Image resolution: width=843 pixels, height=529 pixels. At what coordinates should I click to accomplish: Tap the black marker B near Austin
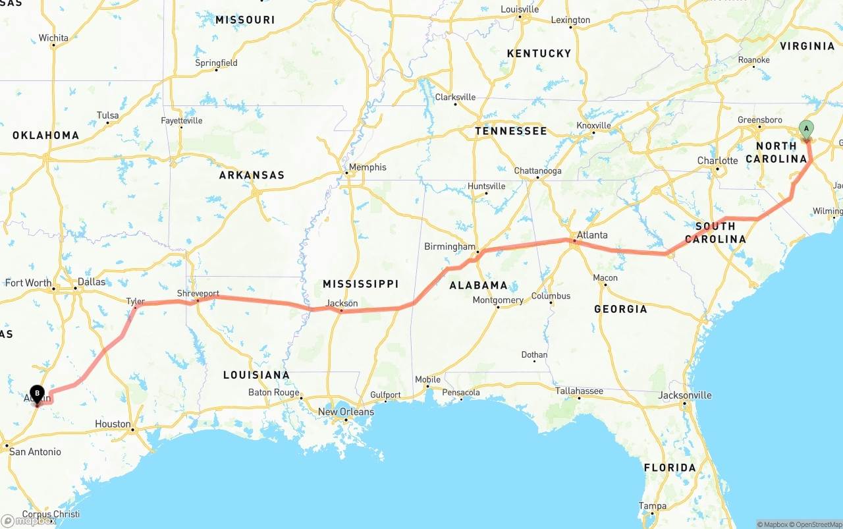(38, 394)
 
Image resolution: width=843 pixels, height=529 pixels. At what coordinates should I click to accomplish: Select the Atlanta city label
(592, 235)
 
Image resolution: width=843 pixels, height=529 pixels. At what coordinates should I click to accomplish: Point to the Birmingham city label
(449, 247)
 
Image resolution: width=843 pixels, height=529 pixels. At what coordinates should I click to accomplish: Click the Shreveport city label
(198, 293)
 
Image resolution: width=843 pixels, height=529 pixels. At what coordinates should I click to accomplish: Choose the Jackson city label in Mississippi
(342, 303)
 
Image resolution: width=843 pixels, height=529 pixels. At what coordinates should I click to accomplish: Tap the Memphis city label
(367, 167)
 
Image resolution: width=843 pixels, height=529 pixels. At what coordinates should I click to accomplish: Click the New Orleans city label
(346, 412)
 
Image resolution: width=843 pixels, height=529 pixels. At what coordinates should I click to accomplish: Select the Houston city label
(113, 424)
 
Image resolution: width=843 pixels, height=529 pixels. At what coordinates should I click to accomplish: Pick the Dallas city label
(91, 282)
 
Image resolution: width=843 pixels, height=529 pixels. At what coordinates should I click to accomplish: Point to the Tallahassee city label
(579, 391)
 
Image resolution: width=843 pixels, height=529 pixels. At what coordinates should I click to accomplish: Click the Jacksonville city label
(685, 395)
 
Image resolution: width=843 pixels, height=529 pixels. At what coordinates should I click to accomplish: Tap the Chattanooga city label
(537, 171)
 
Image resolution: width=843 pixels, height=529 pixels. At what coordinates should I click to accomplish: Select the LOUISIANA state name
(256, 375)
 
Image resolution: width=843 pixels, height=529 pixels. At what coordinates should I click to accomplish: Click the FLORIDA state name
(669, 468)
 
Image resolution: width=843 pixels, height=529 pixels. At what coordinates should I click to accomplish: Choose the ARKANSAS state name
(252, 175)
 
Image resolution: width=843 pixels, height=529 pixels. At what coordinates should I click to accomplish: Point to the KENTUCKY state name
(539, 53)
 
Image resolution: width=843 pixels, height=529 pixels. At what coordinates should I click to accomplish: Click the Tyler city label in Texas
(135, 301)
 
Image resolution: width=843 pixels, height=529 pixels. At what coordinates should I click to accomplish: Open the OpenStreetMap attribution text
(817, 524)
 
